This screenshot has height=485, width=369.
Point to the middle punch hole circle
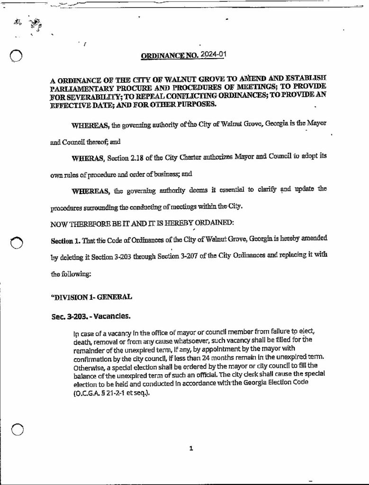[18, 242]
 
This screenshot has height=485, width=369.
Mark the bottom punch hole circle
[17, 429]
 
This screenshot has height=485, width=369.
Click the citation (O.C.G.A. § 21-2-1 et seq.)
[108, 392]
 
